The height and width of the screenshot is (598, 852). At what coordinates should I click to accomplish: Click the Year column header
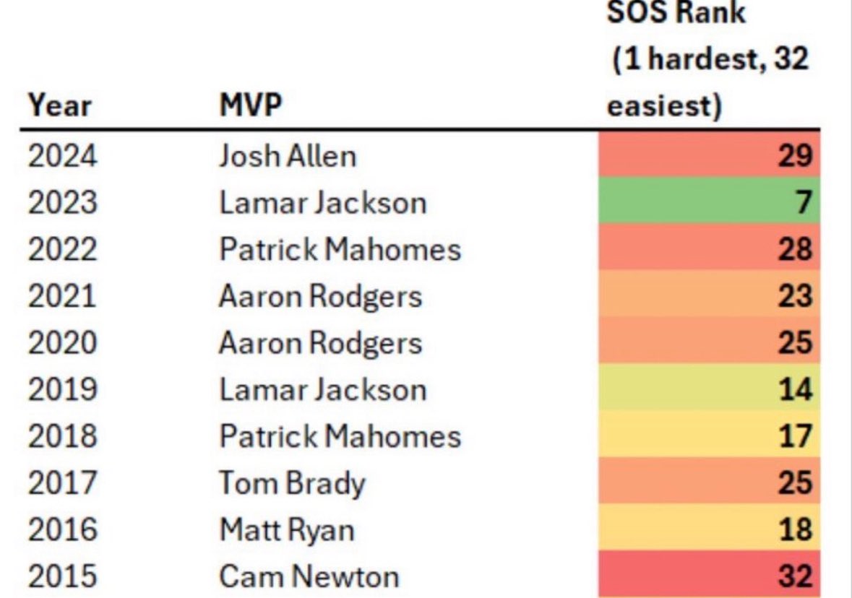coord(60,106)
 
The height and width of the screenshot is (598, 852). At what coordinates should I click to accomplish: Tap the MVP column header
coord(251,106)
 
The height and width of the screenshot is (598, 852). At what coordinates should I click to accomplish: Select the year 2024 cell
coord(61,155)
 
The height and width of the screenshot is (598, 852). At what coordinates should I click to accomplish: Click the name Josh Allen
coord(288,155)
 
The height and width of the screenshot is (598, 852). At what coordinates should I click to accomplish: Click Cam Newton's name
coord(309,576)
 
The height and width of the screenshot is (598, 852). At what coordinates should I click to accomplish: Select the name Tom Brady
coord(292,482)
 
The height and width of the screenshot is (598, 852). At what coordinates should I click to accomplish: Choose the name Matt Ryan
coord(287,529)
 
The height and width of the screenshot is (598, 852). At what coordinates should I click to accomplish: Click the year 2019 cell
coord(61,389)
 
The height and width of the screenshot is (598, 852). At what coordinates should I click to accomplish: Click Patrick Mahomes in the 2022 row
coord(340,249)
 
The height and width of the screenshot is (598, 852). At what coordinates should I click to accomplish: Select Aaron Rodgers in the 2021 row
coord(320,296)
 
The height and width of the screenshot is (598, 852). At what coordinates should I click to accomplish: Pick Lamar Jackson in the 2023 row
coord(322,202)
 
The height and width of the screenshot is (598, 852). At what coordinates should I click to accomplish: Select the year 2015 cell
coord(61,576)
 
